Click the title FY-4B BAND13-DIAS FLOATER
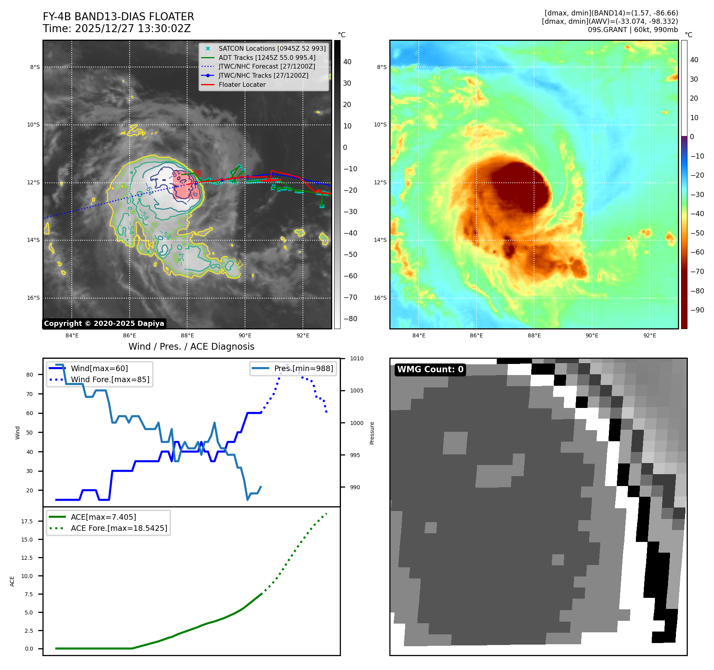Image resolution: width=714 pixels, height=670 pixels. (x=118, y=17)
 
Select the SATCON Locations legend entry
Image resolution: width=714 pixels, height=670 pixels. (x=272, y=48)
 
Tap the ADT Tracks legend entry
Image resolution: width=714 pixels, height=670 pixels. (x=267, y=57)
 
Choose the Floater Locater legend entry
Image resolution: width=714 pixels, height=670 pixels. (x=242, y=84)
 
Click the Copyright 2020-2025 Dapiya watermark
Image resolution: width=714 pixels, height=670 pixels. (x=104, y=324)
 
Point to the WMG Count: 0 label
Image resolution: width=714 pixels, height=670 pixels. (x=430, y=369)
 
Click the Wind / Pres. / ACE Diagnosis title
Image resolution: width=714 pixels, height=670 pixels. (x=191, y=346)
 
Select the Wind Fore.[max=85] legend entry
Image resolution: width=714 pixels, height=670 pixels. (x=110, y=379)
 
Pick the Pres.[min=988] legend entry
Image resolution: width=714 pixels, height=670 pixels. (x=303, y=368)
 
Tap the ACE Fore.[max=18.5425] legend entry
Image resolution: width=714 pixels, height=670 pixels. (x=119, y=528)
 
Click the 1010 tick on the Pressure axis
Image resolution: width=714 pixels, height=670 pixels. (x=356, y=358)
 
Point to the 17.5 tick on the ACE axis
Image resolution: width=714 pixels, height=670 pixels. (x=27, y=521)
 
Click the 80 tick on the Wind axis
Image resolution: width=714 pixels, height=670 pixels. (x=29, y=375)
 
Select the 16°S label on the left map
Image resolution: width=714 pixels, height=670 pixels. (x=33, y=298)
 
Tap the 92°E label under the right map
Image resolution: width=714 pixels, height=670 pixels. (x=649, y=335)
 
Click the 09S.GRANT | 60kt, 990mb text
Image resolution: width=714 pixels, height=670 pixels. (x=633, y=30)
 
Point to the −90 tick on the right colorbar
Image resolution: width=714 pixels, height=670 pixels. (x=697, y=310)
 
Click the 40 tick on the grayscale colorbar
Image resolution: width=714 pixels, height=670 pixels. (x=347, y=61)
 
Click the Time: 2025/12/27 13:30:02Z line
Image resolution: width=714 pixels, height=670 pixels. (x=117, y=29)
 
